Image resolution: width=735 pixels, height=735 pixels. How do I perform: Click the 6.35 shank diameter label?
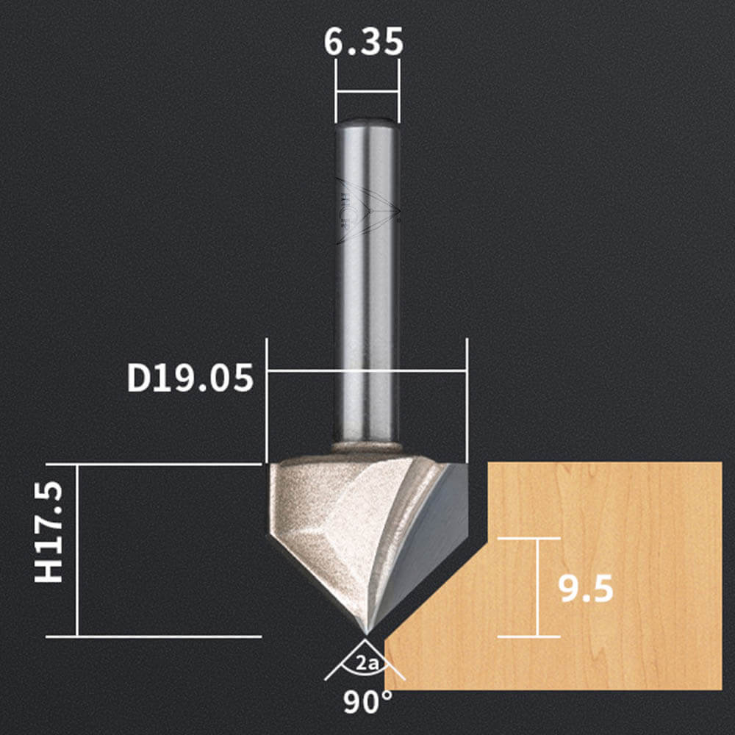click(x=363, y=42)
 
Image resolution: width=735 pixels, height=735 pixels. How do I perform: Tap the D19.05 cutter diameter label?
click(x=190, y=379)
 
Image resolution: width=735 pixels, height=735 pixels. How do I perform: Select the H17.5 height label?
click(x=49, y=533)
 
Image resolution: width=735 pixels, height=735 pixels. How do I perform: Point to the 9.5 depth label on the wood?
click(x=586, y=589)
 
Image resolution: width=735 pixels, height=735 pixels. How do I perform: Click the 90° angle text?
click(x=367, y=702)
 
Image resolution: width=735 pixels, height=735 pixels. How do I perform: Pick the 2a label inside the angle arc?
click(x=367, y=663)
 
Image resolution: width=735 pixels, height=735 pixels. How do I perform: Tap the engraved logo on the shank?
click(x=367, y=211)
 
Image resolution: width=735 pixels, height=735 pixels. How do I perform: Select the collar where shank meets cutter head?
click(x=367, y=448)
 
